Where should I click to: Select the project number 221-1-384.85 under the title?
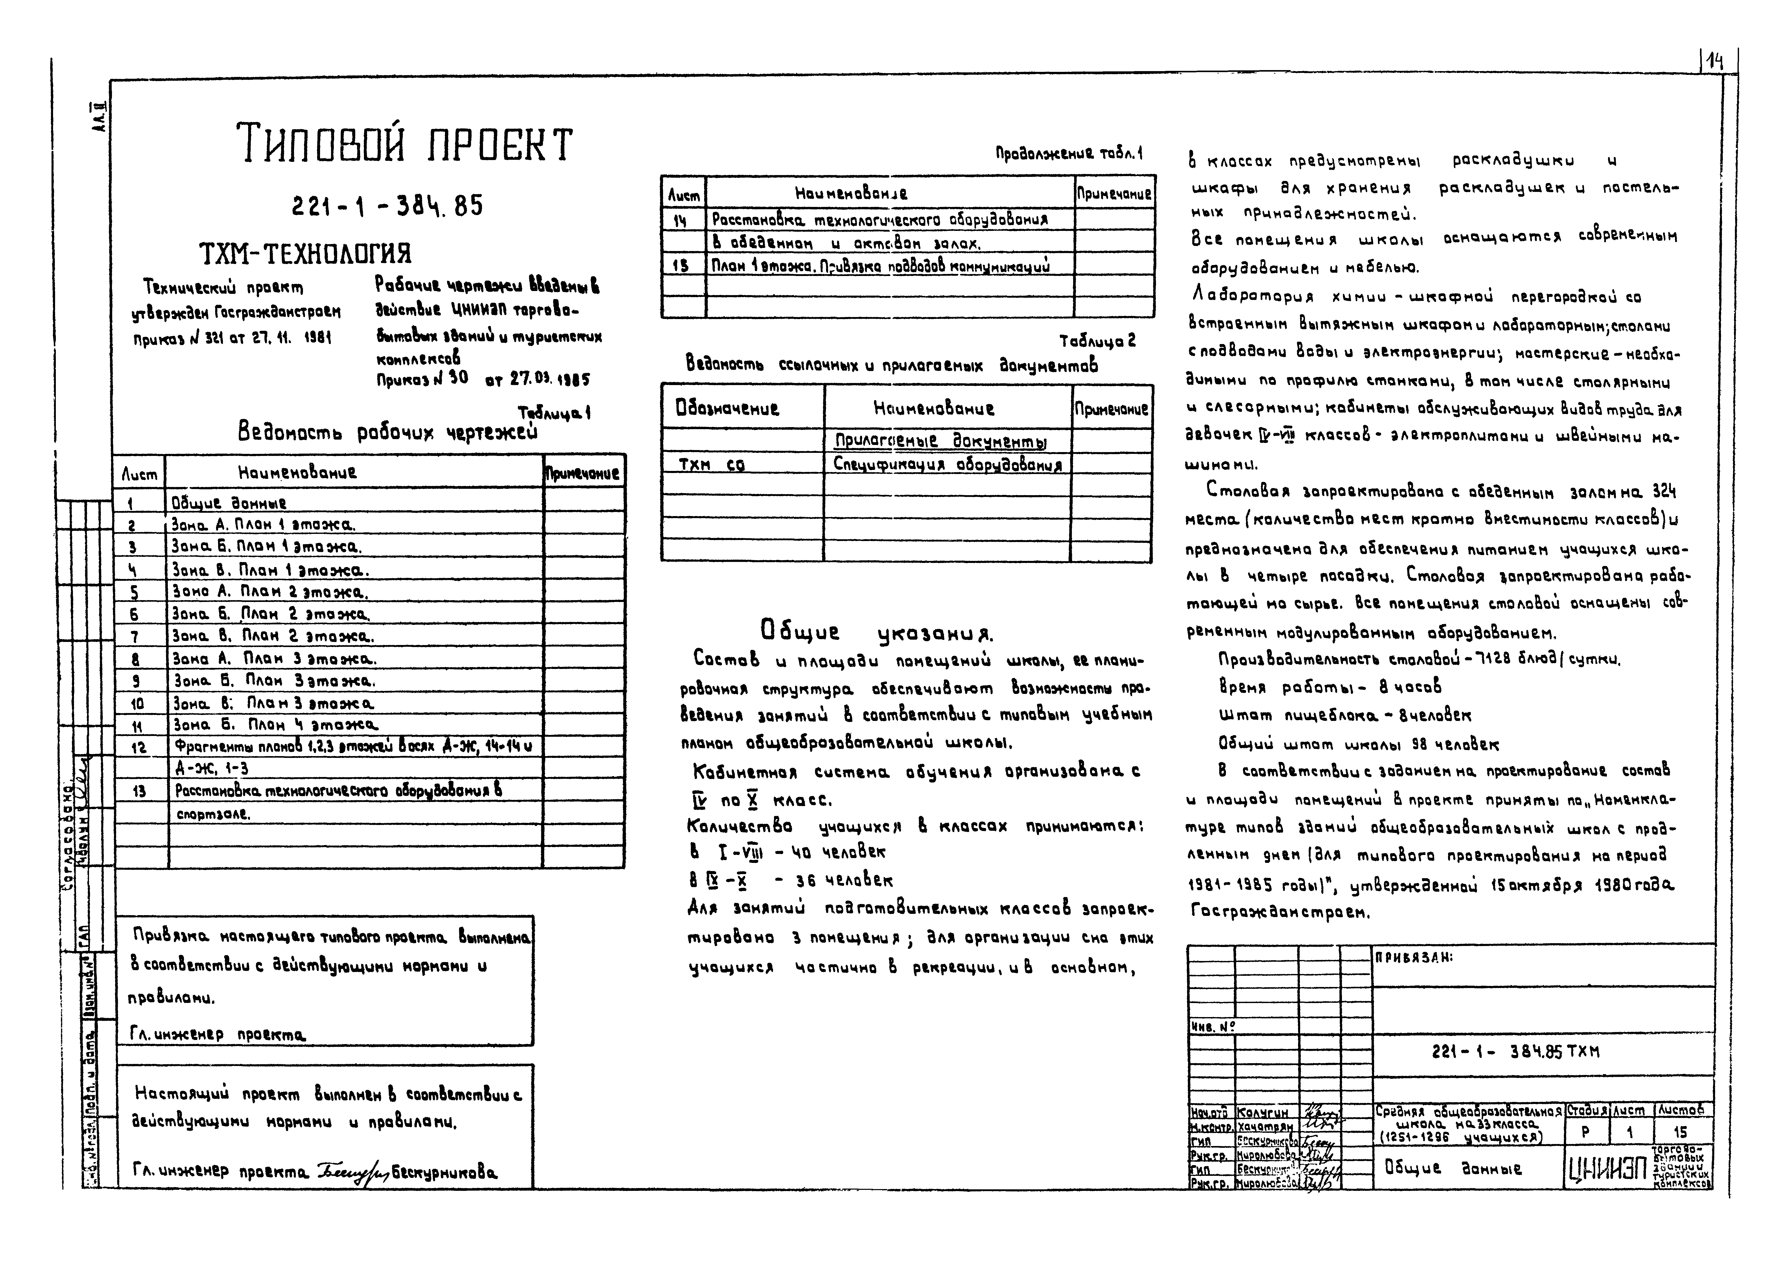[387, 206]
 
